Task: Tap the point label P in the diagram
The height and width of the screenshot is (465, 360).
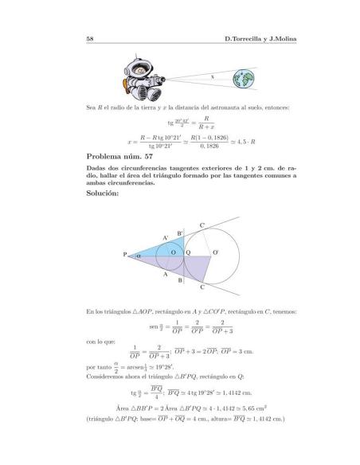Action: coord(125,256)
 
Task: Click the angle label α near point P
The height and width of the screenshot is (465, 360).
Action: coord(138,256)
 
